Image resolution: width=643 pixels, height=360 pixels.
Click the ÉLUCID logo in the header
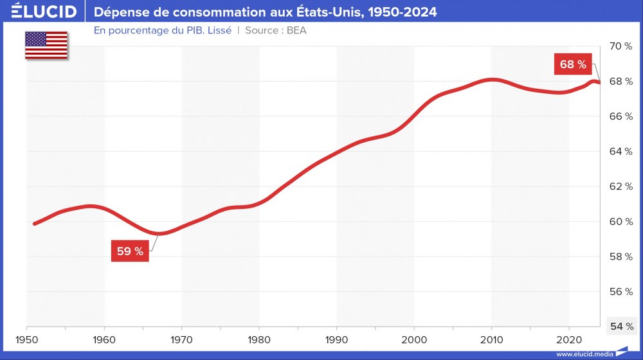click(x=44, y=12)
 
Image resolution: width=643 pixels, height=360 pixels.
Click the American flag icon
click(x=46, y=45)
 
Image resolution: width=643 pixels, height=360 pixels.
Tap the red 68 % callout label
click(x=573, y=64)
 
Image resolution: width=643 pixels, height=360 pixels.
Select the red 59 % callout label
click(x=130, y=251)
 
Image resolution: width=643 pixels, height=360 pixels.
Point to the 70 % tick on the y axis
click(x=620, y=46)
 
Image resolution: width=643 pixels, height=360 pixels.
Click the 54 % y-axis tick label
click(x=620, y=327)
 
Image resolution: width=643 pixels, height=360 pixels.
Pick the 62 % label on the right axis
click(x=620, y=186)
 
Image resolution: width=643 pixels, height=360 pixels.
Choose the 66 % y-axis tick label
click(x=620, y=116)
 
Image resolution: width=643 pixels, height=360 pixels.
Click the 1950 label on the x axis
click(x=26, y=338)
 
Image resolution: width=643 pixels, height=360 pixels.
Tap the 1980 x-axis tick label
click(x=259, y=338)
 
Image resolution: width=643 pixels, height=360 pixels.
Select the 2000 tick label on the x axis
click(x=414, y=338)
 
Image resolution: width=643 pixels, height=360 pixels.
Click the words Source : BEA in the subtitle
click(x=276, y=30)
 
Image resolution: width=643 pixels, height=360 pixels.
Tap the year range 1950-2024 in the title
click(x=401, y=12)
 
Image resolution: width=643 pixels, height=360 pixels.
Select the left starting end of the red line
click(x=34, y=224)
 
